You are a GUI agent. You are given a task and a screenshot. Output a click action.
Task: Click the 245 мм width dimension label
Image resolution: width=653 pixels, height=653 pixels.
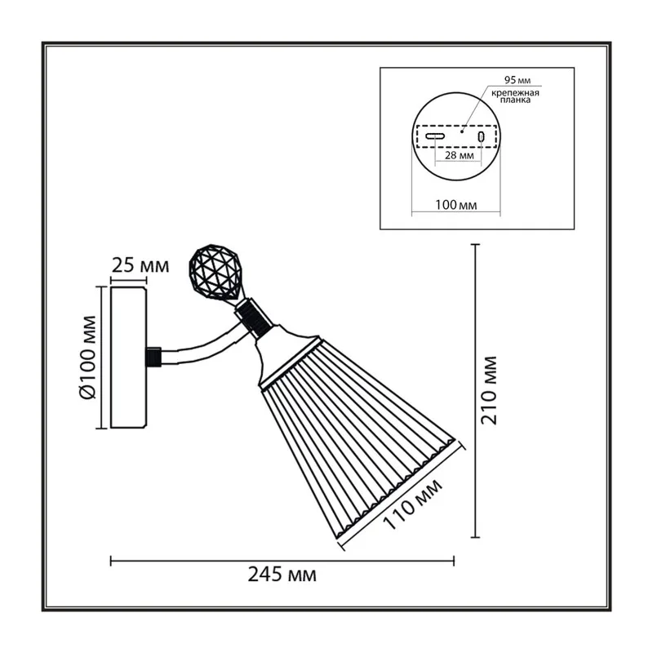click(282, 575)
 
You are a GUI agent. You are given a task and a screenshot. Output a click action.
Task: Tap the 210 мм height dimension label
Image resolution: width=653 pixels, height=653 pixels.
click(489, 391)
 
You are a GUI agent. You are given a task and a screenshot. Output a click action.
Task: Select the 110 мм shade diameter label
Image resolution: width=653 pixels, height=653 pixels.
click(412, 504)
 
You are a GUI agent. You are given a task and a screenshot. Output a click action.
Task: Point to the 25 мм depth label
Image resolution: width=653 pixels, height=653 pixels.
click(140, 265)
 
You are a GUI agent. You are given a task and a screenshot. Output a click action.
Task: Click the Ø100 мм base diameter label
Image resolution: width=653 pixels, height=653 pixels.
click(88, 358)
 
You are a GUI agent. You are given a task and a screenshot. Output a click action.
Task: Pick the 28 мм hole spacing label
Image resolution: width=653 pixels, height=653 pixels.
click(460, 155)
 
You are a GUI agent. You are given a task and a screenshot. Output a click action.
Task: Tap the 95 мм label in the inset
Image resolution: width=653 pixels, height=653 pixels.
click(518, 79)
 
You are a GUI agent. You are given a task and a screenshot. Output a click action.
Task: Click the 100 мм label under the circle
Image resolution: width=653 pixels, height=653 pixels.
click(456, 205)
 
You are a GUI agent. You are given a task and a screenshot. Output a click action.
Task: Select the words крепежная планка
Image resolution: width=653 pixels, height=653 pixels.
click(515, 96)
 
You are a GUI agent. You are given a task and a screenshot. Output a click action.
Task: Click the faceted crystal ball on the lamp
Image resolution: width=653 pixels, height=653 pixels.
click(214, 272)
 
